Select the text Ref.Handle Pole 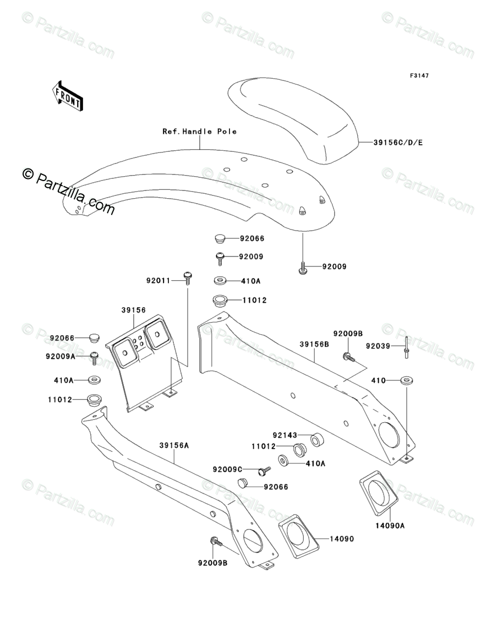199,132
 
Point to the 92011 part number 157,280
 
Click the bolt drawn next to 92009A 94,358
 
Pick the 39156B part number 314,345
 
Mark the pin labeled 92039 406,347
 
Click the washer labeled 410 407,380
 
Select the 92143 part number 285,434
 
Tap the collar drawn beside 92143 318,440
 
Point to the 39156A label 174,445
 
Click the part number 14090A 390,526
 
